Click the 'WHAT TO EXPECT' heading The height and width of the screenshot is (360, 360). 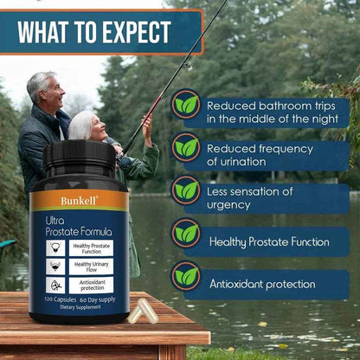(x=96, y=33)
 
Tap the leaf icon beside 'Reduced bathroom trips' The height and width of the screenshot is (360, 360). (x=186, y=105)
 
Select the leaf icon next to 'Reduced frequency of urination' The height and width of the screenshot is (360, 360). (x=186, y=147)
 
